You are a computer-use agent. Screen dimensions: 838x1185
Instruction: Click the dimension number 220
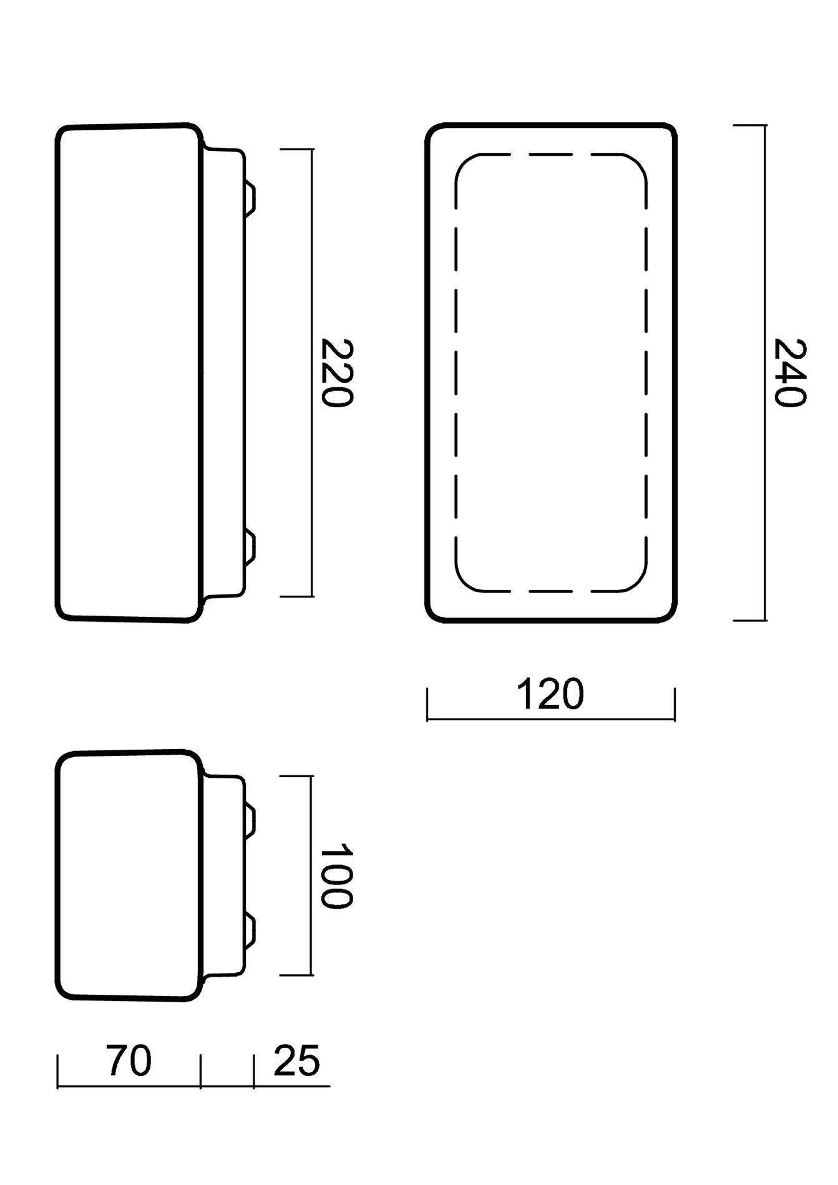337,372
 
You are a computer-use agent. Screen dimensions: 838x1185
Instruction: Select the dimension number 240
790,372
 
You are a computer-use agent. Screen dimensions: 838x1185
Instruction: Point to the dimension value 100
337,876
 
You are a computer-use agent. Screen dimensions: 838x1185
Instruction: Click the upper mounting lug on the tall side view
250,198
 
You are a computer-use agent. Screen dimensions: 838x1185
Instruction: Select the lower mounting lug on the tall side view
250,546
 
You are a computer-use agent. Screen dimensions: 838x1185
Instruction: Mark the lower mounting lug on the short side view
250,929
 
